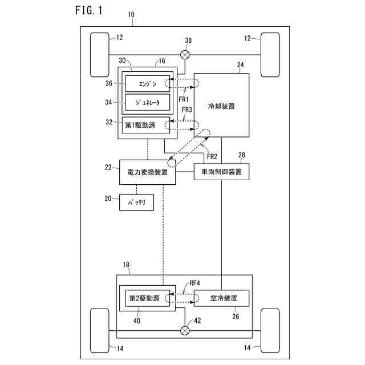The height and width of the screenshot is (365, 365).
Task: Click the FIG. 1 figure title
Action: pos(89,10)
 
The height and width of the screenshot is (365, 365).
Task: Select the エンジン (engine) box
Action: pos(148,84)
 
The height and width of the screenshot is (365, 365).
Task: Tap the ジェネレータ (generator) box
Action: pos(148,102)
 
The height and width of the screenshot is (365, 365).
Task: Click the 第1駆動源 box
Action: pos(146,125)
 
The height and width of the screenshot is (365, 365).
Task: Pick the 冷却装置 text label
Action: pos(221,106)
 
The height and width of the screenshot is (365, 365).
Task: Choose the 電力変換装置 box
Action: pos(148,172)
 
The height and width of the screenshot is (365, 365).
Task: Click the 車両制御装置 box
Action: pos(221,172)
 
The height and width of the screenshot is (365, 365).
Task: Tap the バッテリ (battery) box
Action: pos(136,202)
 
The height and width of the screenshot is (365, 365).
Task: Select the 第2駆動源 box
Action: pos(148,298)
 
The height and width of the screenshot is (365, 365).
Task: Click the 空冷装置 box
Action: pos(221,298)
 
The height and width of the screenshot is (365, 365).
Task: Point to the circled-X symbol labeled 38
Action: pos(185,55)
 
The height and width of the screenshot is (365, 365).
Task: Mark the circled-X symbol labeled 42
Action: pos(185,331)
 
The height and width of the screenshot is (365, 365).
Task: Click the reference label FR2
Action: pos(212,156)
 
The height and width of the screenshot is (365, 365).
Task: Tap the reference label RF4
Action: pos(195,283)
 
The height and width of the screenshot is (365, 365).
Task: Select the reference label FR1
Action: pos(184,99)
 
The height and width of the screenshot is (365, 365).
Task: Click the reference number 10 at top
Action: pos(131,15)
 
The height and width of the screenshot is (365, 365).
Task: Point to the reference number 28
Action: pos(242,155)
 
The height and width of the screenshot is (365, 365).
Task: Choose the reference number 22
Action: pos(108,167)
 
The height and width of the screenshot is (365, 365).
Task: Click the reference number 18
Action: pos(126,265)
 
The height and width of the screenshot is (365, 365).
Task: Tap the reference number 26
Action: pos(236,317)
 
